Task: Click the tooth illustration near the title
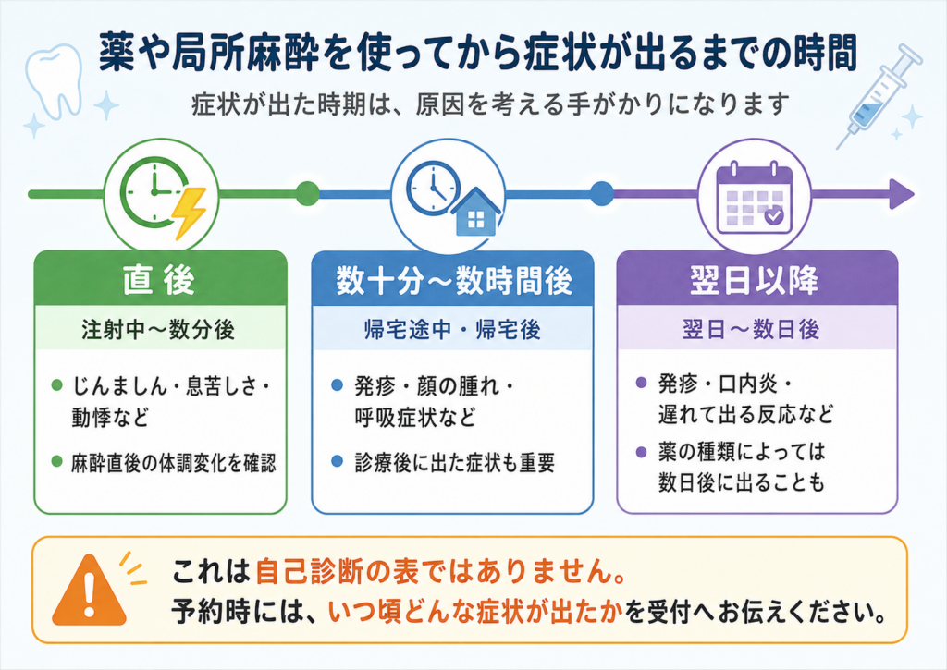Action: click(55, 79)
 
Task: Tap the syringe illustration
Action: click(879, 97)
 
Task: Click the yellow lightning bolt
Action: click(190, 213)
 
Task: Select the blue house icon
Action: click(476, 212)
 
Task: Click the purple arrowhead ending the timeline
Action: click(903, 194)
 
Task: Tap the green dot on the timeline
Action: click(307, 194)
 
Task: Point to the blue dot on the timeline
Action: click(601, 194)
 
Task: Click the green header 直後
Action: click(159, 279)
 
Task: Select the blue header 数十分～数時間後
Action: click(453, 279)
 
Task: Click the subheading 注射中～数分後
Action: click(158, 330)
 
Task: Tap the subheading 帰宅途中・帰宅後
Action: click(452, 330)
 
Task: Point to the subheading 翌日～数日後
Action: click(751, 330)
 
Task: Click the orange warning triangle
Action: click(90, 590)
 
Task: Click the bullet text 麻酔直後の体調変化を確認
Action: click(173, 463)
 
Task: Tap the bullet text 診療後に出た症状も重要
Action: click(455, 463)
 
